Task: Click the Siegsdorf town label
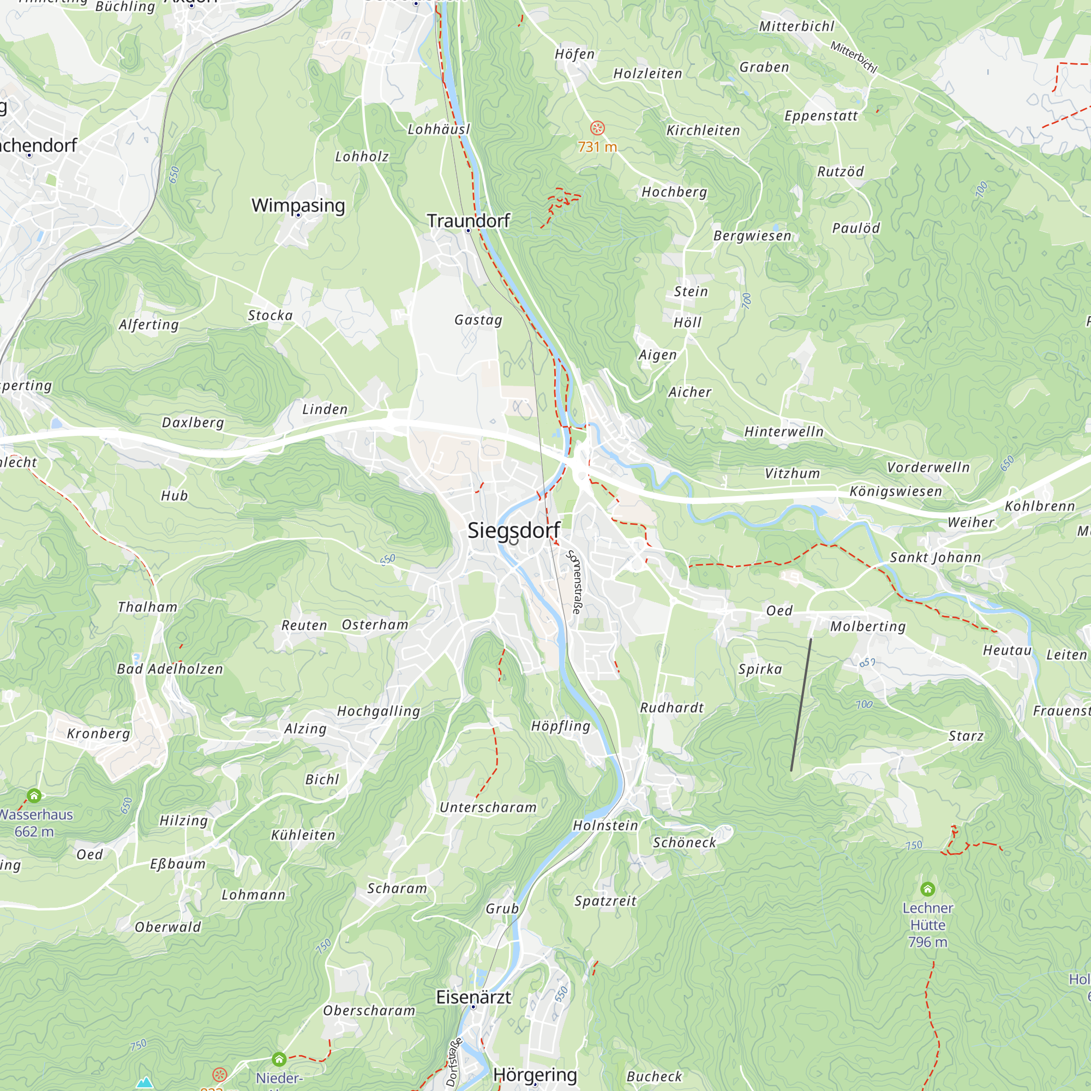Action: tap(513, 530)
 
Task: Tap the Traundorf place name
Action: tap(468, 221)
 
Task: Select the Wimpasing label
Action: tap(298, 205)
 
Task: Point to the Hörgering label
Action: tap(535, 1075)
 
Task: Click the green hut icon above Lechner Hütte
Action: tap(927, 889)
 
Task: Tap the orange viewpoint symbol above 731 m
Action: tap(597, 128)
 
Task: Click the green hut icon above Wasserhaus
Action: tap(34, 796)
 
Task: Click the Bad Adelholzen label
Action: tap(170, 669)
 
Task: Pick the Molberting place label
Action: tap(867, 626)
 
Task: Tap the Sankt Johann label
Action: tap(935, 558)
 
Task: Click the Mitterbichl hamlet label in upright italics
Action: tap(796, 27)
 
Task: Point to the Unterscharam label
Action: tap(488, 807)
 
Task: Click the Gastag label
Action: tap(478, 320)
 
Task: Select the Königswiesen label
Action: tap(896, 491)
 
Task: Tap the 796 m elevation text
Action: tap(927, 942)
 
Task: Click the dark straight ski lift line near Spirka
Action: tap(801, 705)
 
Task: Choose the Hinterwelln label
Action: tap(784, 432)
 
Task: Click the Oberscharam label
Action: tap(369, 1010)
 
